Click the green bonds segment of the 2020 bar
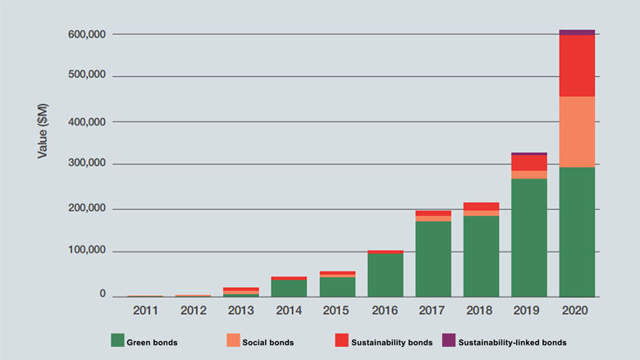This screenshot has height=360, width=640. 577,231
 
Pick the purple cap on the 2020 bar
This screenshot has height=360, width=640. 577,32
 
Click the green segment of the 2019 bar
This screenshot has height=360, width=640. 528,237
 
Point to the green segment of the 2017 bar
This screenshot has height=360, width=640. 433,258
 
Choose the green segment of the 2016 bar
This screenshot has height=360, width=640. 385,275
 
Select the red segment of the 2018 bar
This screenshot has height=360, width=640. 481,206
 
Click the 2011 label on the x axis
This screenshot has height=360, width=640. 145,311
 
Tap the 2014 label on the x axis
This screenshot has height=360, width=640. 289,311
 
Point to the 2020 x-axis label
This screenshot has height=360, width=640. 577,311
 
